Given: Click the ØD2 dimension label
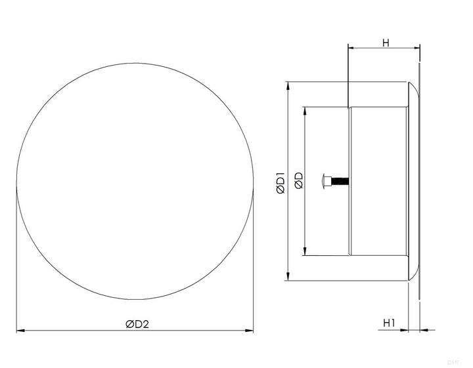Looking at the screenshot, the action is tap(137, 324).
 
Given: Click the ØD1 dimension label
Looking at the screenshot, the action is tap(281, 182).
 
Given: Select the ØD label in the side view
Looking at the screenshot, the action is tap(299, 180).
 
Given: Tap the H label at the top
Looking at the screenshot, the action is tap(386, 43).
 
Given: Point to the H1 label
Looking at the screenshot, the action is tap(389, 323).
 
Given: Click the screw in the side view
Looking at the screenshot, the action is tap(336, 181).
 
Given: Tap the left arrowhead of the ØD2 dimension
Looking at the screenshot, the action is tap(20, 331).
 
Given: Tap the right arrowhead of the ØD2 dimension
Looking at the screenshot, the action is tap(249, 331).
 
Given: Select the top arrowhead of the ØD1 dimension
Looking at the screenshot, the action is tap(288, 86).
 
